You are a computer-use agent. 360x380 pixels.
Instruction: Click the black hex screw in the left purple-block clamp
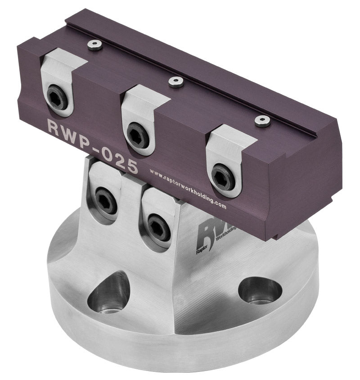click(58, 99)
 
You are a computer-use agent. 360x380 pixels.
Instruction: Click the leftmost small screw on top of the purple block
click(94, 44)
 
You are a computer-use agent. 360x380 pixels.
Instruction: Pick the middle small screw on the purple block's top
click(176, 81)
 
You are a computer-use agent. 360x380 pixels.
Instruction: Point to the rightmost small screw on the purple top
click(262, 120)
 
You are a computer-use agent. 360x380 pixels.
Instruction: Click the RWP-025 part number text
click(92, 146)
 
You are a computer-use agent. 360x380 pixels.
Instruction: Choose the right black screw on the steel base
click(158, 227)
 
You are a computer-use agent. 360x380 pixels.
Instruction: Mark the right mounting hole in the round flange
click(260, 291)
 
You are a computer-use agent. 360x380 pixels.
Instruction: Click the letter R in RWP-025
click(54, 126)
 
